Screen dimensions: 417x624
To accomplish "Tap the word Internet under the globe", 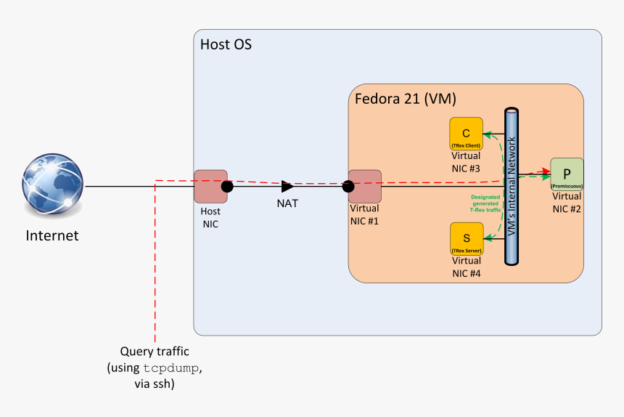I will pyautogui.click(x=52, y=235).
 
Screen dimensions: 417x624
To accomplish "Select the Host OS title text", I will pyautogui.click(x=226, y=45).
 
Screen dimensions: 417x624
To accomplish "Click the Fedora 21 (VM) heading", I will pyautogui.click(x=405, y=98).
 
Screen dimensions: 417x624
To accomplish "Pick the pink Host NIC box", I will pyautogui.click(x=210, y=187).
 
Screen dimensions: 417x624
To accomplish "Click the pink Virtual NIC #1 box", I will pyautogui.click(x=365, y=187).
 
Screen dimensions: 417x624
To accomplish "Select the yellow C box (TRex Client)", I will pyautogui.click(x=466, y=134).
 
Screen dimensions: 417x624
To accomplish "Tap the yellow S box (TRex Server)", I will pyautogui.click(x=466, y=239).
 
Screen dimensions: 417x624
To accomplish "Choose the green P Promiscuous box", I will pyautogui.click(x=567, y=174).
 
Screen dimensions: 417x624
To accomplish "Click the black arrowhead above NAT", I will pyautogui.click(x=287, y=187).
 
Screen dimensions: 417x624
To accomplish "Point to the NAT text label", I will pyautogui.click(x=287, y=203).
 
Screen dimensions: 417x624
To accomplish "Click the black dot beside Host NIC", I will pyautogui.click(x=227, y=187).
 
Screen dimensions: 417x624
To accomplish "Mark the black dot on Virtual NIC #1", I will pyautogui.click(x=348, y=187).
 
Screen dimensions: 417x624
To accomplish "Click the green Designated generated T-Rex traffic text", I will pyautogui.click(x=485, y=203).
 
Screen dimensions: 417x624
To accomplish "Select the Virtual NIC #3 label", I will pyautogui.click(x=466, y=161).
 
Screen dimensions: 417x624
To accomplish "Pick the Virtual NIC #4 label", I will pyautogui.click(x=466, y=267).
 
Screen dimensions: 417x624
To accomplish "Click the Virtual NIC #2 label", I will pyautogui.click(x=567, y=202).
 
